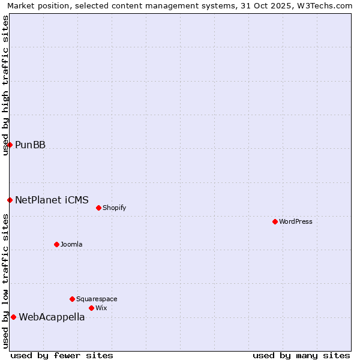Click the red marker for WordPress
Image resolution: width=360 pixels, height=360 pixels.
275,221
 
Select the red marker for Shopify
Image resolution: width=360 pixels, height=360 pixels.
98,208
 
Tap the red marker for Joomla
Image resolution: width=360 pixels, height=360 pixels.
56,244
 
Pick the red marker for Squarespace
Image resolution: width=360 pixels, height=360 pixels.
72,299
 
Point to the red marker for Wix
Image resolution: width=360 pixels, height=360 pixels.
91,308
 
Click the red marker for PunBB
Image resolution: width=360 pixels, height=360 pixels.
10,145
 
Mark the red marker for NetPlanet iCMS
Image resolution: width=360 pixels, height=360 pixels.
10,200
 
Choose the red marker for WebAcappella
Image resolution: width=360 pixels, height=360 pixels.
13,317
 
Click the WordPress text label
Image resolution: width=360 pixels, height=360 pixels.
296,222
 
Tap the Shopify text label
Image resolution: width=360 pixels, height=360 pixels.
115,208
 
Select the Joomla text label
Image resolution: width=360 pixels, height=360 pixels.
71,245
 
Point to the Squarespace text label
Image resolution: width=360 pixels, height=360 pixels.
97,299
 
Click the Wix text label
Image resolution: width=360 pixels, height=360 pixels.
101,308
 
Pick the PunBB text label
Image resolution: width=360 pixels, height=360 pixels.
30,145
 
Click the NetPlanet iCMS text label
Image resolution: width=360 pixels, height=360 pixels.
52,200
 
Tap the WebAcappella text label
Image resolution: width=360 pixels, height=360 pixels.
52,317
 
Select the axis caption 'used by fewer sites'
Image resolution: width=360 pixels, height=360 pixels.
62,355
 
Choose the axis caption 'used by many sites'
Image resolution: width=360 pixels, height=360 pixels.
301,355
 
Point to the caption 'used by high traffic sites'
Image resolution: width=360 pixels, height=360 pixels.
5,85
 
